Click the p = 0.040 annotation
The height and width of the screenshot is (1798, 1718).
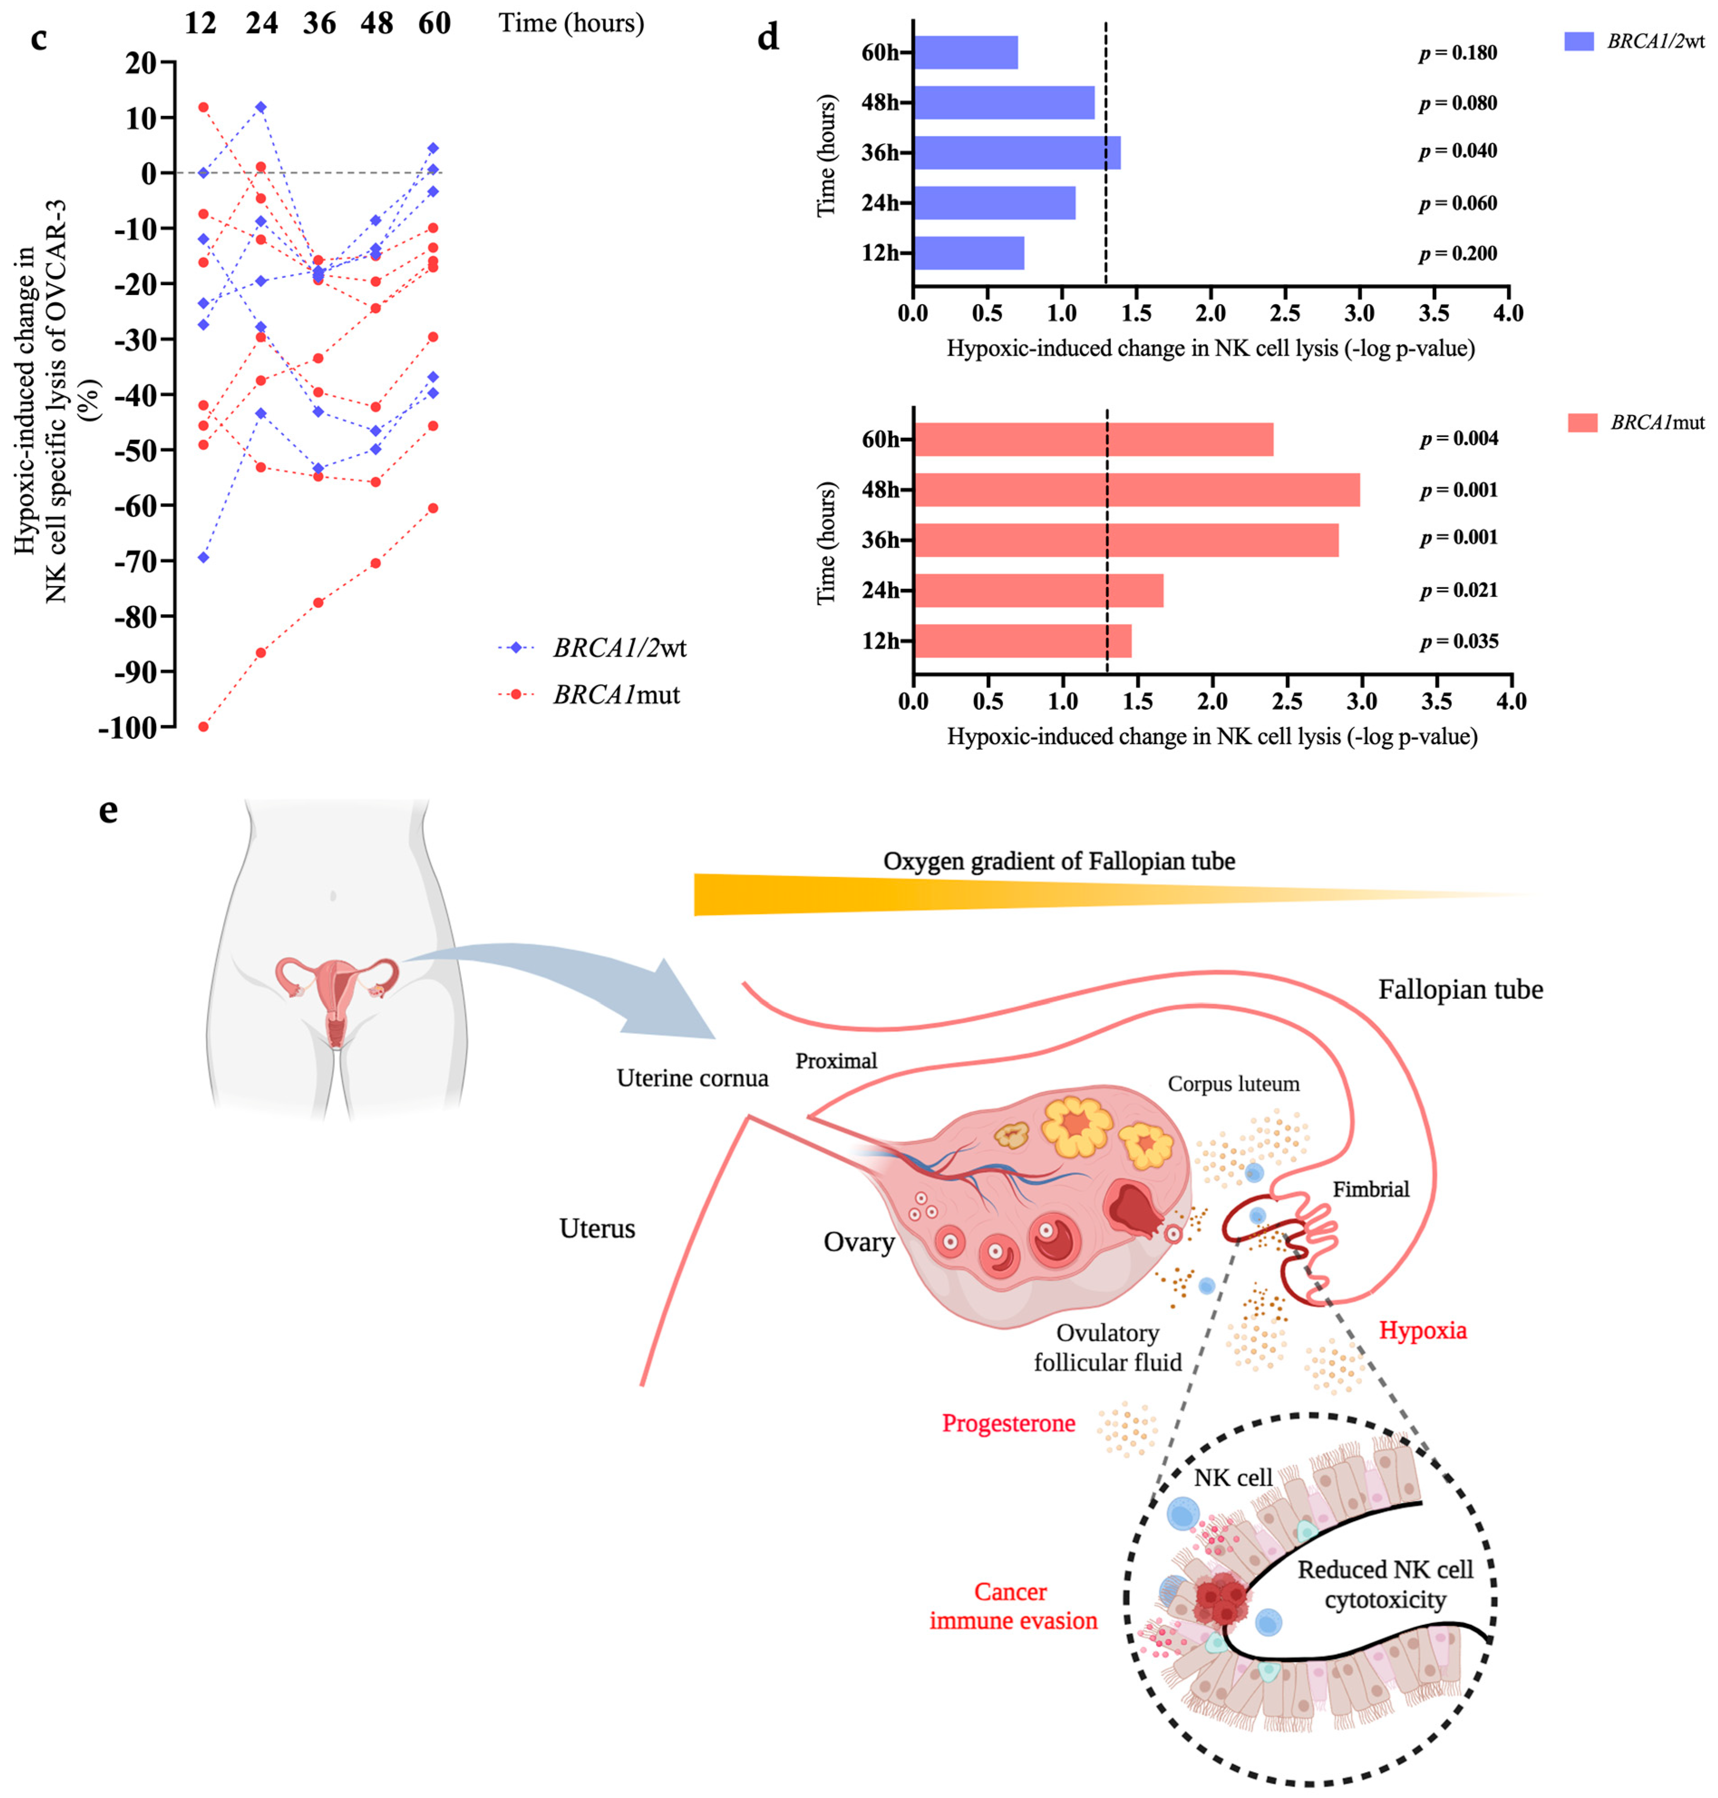pyautogui.click(x=1458, y=151)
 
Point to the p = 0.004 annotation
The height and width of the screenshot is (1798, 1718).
pyautogui.click(x=1459, y=439)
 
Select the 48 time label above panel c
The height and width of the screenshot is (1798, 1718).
pyautogui.click(x=376, y=23)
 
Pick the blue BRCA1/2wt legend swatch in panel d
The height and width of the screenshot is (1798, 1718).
pyautogui.click(x=1579, y=41)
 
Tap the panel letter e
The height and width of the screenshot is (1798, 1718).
pyautogui.click(x=108, y=810)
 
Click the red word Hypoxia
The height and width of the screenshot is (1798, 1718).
pyautogui.click(x=1422, y=1330)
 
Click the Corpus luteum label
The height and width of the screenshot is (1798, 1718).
pyautogui.click(x=1233, y=1084)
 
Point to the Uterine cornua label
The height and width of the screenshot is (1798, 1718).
pyautogui.click(x=692, y=1077)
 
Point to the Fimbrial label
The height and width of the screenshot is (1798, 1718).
pyautogui.click(x=1370, y=1189)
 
